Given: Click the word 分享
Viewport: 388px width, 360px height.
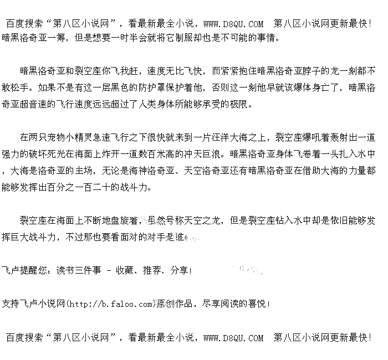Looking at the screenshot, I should click(179, 271).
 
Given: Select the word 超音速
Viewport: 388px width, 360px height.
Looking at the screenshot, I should click(38, 104).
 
